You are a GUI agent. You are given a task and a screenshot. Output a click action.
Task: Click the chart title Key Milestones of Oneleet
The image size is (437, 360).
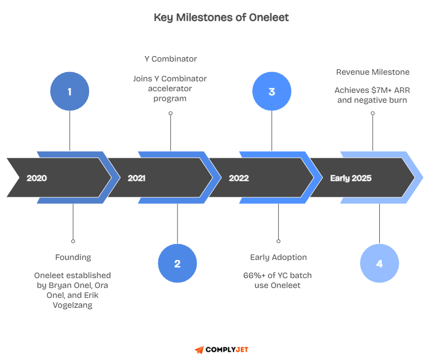pyautogui.click(x=221, y=18)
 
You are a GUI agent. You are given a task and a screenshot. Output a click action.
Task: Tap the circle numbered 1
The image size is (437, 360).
pyautogui.click(x=70, y=91)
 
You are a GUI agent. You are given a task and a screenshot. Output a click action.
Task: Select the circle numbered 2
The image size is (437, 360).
pyautogui.click(x=177, y=264)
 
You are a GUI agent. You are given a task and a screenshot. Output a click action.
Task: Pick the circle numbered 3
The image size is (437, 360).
pyautogui.click(x=272, y=91)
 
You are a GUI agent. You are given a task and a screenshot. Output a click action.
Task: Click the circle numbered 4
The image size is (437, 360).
pyautogui.click(x=379, y=264)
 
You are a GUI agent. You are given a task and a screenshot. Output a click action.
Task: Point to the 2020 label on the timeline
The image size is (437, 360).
pyautogui.click(x=37, y=178)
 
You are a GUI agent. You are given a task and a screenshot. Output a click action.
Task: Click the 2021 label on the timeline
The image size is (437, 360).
pyautogui.click(x=137, y=178)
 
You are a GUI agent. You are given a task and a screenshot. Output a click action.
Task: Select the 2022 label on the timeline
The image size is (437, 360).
pyautogui.click(x=239, y=178)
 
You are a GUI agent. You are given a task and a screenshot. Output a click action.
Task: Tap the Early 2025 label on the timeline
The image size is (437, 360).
pyautogui.click(x=351, y=178)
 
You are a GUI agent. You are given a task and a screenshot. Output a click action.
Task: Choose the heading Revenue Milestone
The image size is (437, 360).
pyautogui.click(x=373, y=72)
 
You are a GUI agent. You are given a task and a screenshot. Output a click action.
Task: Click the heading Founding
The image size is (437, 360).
pyautogui.click(x=73, y=257)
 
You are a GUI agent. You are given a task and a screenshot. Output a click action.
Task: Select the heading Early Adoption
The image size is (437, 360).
pyautogui.click(x=278, y=257)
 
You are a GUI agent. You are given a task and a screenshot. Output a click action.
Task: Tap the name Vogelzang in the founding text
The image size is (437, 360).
pyautogui.click(x=73, y=305)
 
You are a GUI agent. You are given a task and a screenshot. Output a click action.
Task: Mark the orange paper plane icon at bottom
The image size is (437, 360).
pyautogui.click(x=199, y=350)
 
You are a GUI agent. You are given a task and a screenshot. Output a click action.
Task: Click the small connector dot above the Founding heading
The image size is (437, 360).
pyautogui.click(x=73, y=241)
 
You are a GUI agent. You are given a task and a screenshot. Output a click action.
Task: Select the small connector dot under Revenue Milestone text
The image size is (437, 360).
pyautogui.click(x=373, y=113)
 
